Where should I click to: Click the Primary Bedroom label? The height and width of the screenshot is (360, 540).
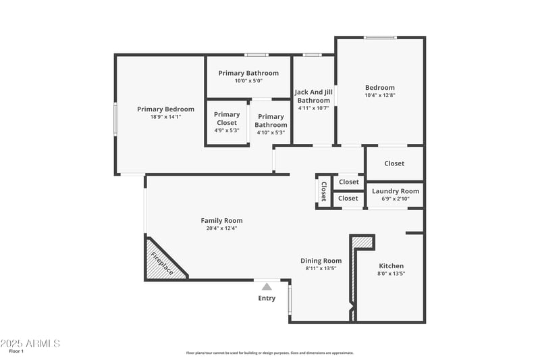(x=165, y=109)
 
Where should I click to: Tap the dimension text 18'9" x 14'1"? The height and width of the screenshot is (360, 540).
(x=165, y=117)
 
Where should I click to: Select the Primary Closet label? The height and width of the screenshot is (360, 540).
(x=227, y=118)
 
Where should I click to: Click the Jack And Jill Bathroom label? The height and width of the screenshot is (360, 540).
(x=314, y=96)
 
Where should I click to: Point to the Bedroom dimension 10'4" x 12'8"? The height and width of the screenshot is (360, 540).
(x=379, y=95)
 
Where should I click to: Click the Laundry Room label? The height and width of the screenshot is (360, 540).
(x=396, y=191)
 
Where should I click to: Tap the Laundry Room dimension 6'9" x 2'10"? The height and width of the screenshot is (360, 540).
(x=396, y=199)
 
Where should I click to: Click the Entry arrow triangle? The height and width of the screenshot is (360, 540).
(x=267, y=286)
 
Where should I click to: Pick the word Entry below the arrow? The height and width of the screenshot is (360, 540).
(x=267, y=298)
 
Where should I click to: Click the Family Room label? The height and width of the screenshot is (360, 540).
(x=221, y=220)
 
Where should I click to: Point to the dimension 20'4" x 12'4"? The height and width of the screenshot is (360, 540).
(x=221, y=228)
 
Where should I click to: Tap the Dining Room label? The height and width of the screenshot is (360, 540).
(x=321, y=261)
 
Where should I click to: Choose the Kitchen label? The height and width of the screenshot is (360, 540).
(x=391, y=265)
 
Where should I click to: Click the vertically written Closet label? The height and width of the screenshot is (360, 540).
(x=323, y=191)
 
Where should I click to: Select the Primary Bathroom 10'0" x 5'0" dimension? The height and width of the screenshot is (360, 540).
(x=248, y=80)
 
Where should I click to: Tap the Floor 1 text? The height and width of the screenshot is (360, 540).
(x=16, y=351)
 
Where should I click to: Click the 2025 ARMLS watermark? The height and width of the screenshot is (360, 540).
(x=30, y=343)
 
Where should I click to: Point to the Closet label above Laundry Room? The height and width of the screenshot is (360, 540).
(x=394, y=163)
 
